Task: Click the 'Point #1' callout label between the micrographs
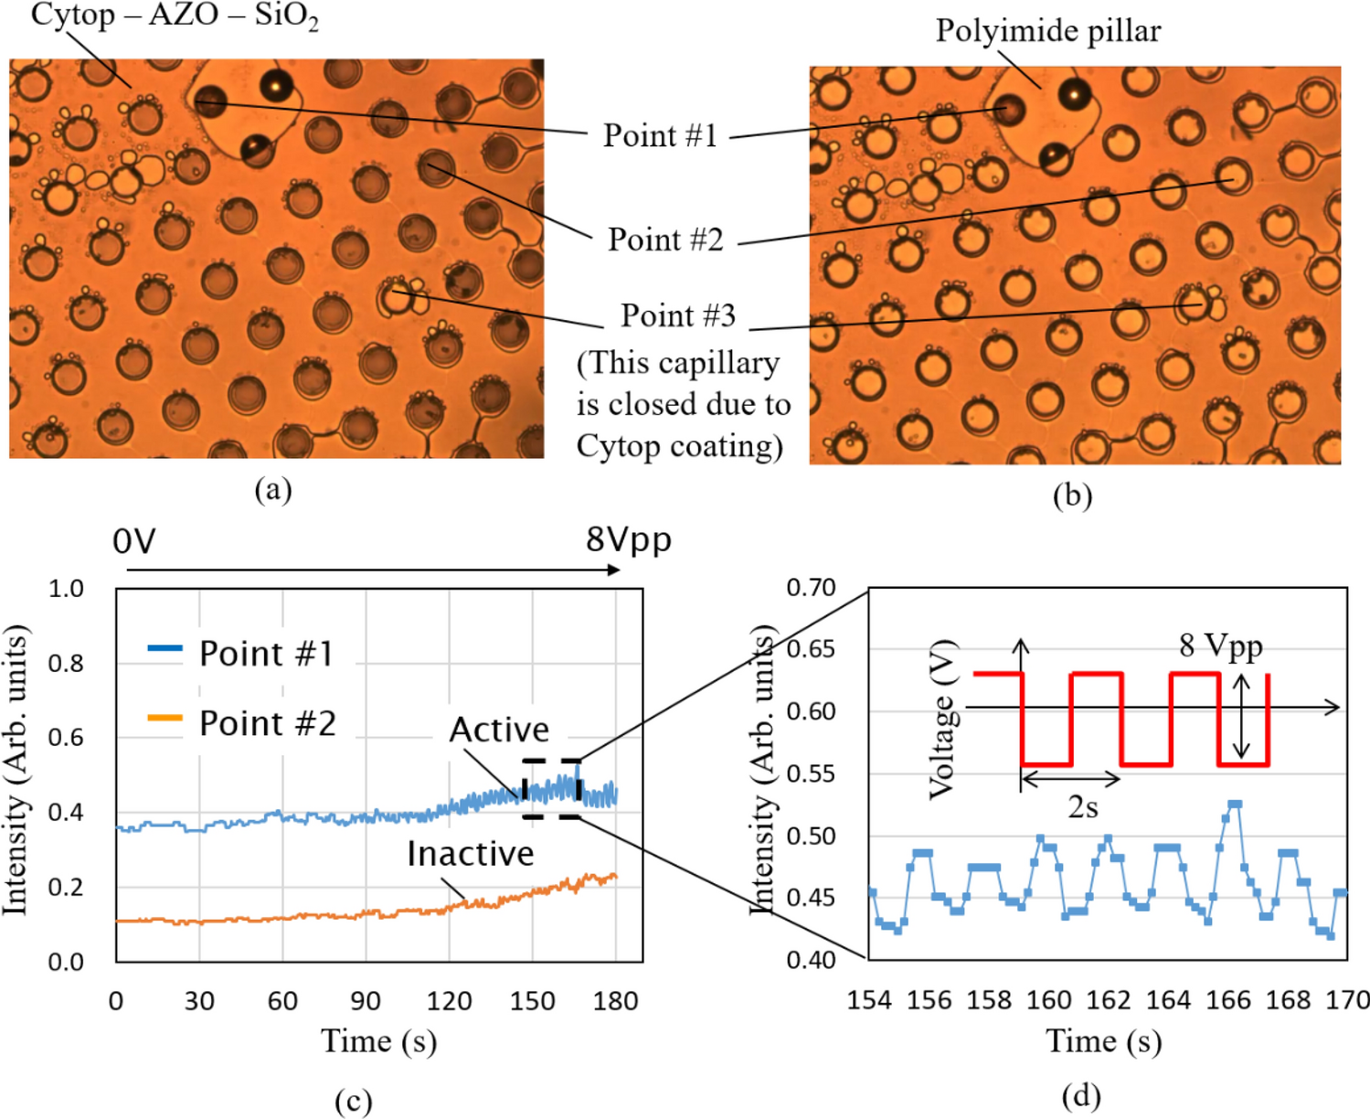coord(660,135)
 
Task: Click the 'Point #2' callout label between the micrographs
coord(665,240)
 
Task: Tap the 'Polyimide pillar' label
coord(1047,31)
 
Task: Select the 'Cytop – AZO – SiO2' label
coord(175,16)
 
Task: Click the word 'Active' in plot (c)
coord(499,730)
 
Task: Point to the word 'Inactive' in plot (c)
coord(470,853)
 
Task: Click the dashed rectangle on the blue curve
coord(552,788)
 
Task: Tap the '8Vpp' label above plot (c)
coord(628,538)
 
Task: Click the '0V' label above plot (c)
coord(134,542)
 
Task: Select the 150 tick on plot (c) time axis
coord(532,1001)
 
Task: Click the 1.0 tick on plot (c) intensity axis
coord(66,588)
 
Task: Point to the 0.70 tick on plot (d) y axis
coord(811,587)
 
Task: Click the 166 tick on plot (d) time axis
coord(1227,1000)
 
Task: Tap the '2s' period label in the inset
coord(1082,807)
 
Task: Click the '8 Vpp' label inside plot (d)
coord(1220,645)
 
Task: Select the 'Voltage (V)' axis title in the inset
coord(943,720)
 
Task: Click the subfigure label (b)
coord(1072,496)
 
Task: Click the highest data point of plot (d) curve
coord(1235,804)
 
